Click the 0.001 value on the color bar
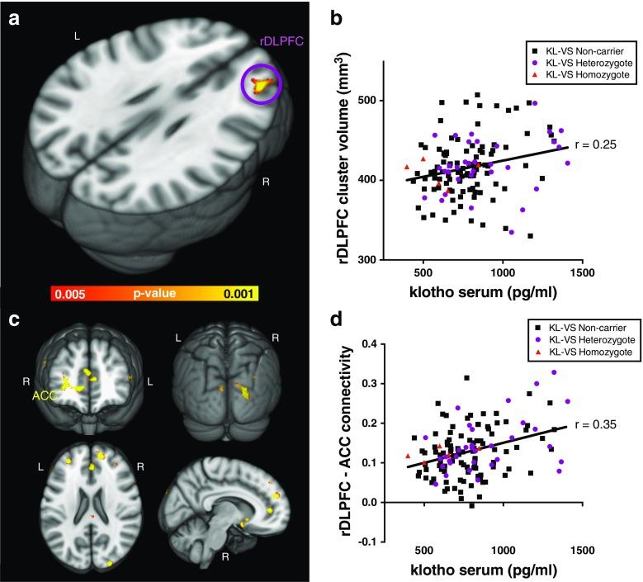point(240,293)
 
